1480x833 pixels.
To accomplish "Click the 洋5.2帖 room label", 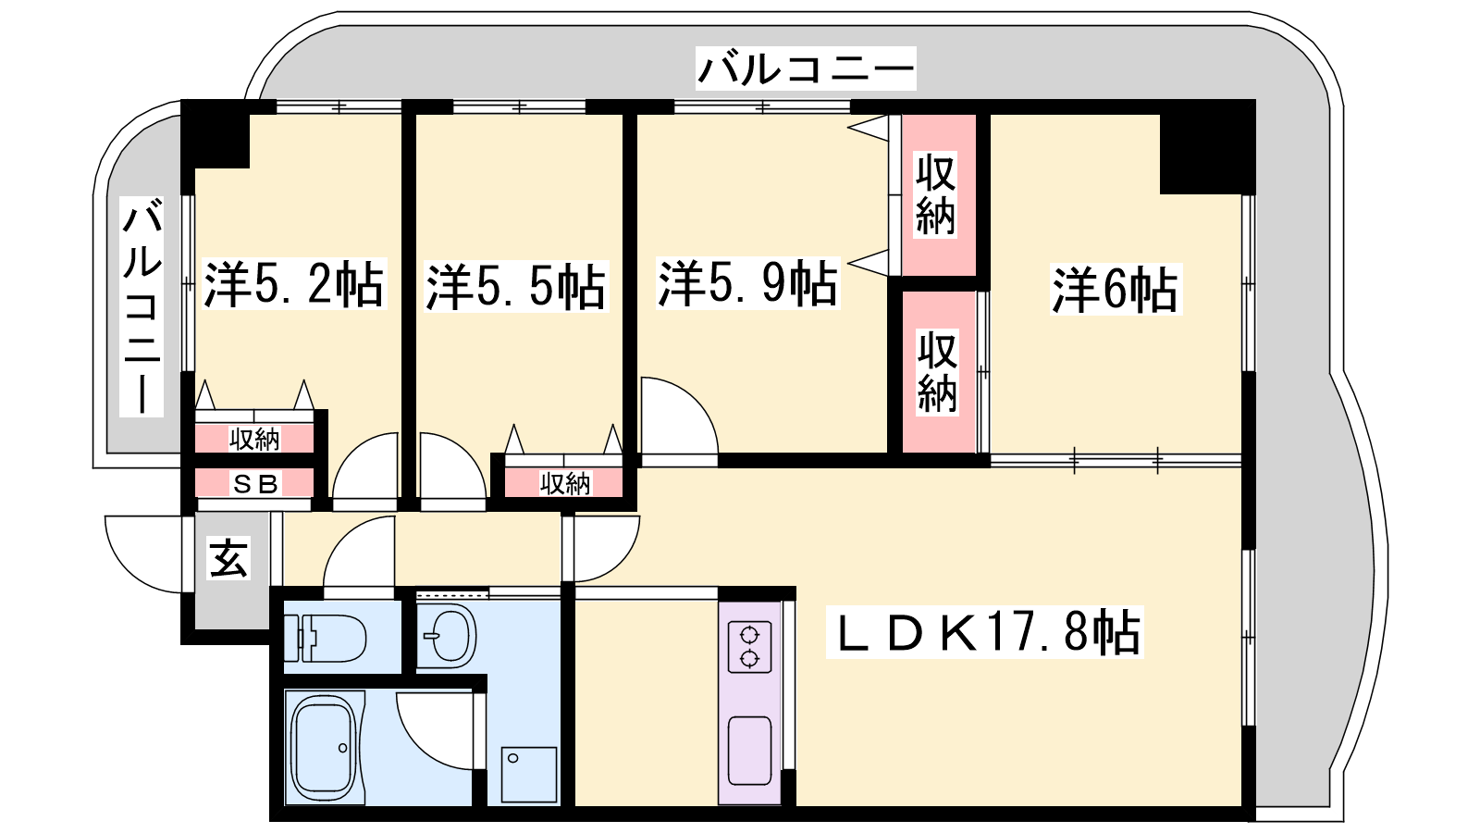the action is tap(294, 285).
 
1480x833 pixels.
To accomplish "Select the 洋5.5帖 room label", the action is tap(516, 288).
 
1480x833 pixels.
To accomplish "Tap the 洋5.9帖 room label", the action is tap(748, 283).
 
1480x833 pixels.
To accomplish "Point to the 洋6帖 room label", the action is tap(1116, 290).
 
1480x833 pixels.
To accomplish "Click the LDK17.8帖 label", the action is tap(984, 633).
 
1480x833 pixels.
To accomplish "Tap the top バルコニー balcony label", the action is tap(806, 68).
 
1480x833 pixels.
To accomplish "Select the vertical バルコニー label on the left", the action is tap(142, 306).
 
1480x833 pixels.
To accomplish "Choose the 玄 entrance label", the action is tap(228, 559).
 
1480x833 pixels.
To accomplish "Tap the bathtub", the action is tap(325, 748).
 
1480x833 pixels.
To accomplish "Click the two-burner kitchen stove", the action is tap(750, 647).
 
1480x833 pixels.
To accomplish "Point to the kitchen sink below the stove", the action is tap(750, 751).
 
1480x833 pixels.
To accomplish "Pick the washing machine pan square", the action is tap(528, 775).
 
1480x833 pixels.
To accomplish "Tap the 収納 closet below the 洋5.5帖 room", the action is tap(564, 483).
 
